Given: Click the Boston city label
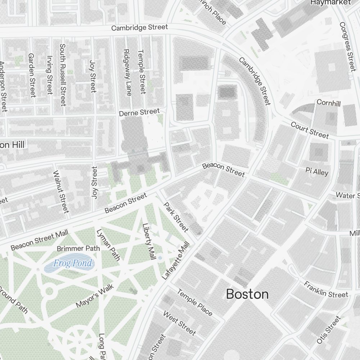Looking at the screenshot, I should pyautogui.click(x=247, y=294).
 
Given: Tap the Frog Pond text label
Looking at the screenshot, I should pyautogui.click(x=73, y=264).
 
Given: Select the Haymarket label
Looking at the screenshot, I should pyautogui.click(x=330, y=3).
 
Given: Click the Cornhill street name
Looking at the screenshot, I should pyautogui.click(x=328, y=103).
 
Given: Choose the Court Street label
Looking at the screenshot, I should pyautogui.click(x=310, y=130).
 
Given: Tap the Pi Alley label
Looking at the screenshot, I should pyautogui.click(x=317, y=172).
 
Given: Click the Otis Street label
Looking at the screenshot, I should pyautogui.click(x=328, y=330).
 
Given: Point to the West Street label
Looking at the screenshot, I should pyautogui.click(x=180, y=323).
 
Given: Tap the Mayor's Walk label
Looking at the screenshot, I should pyautogui.click(x=95, y=296).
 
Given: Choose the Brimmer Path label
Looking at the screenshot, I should pyautogui.click(x=78, y=248).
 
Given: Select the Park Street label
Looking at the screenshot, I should pyautogui.click(x=176, y=217).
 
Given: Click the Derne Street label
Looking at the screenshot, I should pyautogui.click(x=139, y=113).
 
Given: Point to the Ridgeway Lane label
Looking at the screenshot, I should pyautogui.click(x=127, y=73).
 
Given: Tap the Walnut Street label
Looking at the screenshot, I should pyautogui.click(x=60, y=192).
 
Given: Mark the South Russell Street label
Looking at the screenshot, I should pyautogui.click(x=63, y=75).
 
